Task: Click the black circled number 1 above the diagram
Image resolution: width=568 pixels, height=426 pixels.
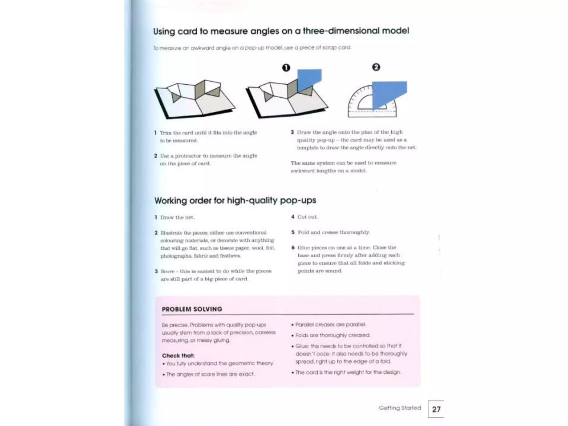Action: click(x=286, y=68)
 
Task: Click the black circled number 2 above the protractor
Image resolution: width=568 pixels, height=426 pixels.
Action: click(x=376, y=67)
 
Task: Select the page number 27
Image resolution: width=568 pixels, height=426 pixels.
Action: click(x=436, y=409)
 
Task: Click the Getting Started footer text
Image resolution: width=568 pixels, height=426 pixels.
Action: click(x=400, y=408)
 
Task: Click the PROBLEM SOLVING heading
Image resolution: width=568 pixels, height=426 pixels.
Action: click(x=192, y=309)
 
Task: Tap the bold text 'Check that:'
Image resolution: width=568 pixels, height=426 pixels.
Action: click(x=178, y=356)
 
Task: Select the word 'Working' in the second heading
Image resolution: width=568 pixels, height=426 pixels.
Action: click(x=170, y=201)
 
